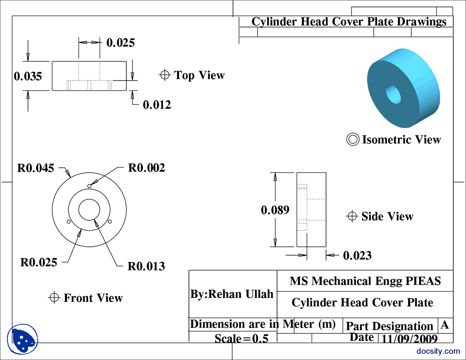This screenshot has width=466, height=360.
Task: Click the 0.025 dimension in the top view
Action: pos(120,43)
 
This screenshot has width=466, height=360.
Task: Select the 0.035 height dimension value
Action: pos(28,76)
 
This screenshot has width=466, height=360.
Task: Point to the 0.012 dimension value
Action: pos(157,105)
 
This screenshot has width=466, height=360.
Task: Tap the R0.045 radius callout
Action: pos(36,168)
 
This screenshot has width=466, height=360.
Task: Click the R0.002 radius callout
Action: pos(146,168)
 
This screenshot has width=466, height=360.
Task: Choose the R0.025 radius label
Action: pos(39,262)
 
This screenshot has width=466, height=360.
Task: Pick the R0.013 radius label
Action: pos(146,266)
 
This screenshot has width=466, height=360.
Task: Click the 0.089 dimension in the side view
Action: pos(275,210)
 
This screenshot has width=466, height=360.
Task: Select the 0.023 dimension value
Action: pos(357,256)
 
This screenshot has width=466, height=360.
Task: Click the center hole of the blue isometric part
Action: pos(394,94)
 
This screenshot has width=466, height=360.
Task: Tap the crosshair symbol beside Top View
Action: pos(165,75)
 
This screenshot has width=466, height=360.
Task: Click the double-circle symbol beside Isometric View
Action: pos(353,139)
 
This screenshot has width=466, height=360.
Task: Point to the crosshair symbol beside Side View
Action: pos(352,216)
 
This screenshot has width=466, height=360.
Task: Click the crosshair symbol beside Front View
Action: pos(54,298)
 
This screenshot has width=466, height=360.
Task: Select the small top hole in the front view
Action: pos(89,186)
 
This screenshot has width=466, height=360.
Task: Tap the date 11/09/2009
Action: pos(409,339)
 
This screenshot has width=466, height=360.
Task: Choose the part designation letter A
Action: pos(445,325)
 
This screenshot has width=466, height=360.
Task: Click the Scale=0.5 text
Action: pos(241,339)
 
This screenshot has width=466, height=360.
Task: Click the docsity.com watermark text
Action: pos(438,351)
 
